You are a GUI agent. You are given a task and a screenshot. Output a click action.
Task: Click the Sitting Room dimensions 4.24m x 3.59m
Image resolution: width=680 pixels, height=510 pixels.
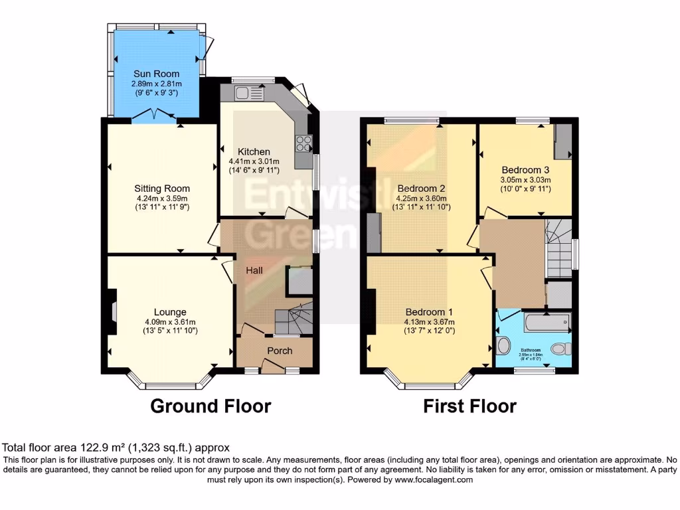[x=163, y=198]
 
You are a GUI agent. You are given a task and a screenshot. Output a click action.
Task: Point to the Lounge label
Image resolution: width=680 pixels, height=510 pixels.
[x=170, y=312]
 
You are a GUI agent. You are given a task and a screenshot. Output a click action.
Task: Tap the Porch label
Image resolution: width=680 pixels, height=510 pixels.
[x=280, y=351]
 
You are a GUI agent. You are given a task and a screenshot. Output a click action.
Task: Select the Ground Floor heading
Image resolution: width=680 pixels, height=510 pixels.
[x=211, y=406]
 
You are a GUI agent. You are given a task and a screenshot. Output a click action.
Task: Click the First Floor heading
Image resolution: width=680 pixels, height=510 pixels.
[x=469, y=406]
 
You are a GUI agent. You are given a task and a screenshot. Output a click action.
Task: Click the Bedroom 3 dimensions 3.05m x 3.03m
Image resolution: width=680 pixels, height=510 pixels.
[x=526, y=179]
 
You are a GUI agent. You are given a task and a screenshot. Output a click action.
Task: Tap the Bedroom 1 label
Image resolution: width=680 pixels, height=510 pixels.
[x=430, y=312]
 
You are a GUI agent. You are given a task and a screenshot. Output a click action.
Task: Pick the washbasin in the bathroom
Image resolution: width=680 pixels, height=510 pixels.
[x=503, y=346]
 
